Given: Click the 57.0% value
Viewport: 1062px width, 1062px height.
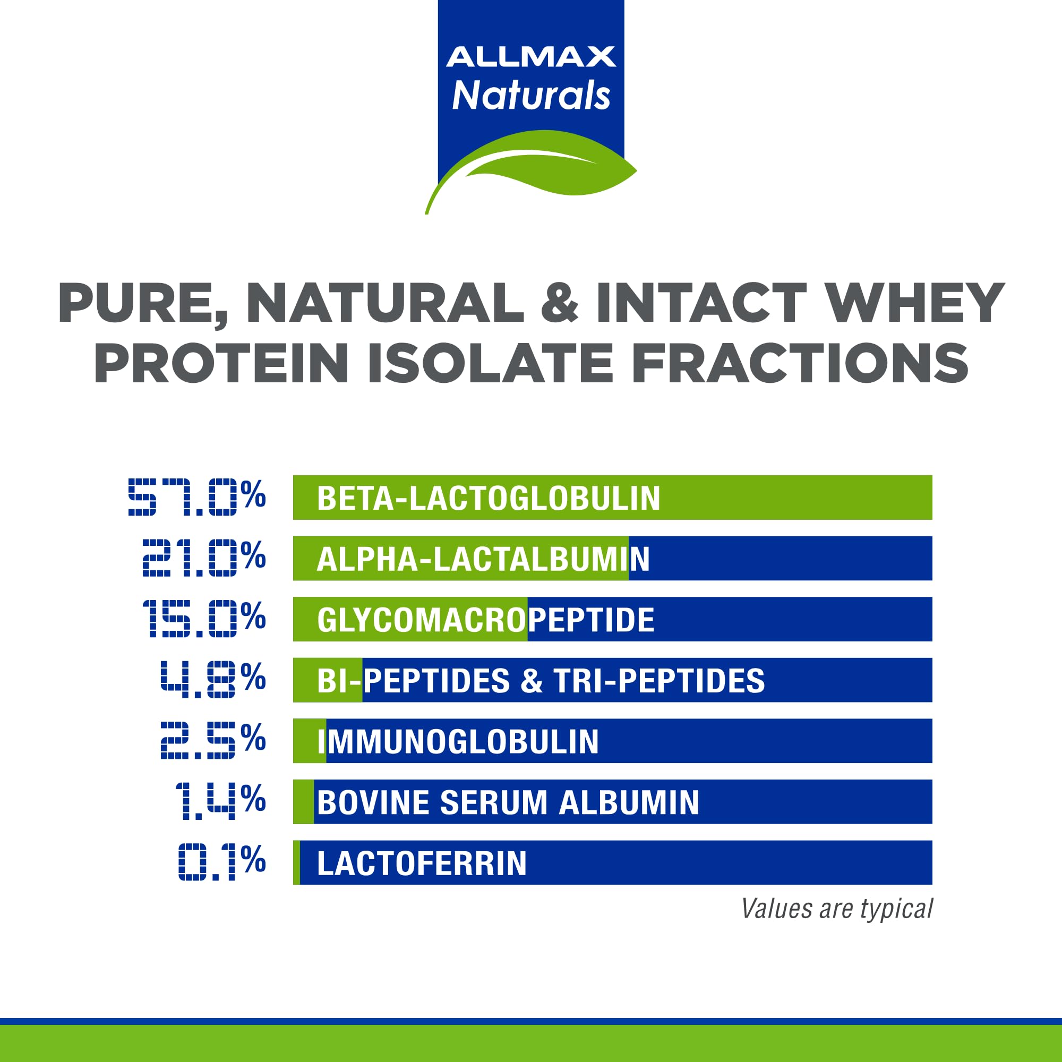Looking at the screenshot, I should click(197, 497).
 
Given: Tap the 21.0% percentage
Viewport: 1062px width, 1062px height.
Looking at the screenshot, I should click(204, 558).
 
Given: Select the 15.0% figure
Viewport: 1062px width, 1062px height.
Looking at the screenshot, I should click(204, 619).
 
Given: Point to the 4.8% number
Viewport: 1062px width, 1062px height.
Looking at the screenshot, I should click(213, 680).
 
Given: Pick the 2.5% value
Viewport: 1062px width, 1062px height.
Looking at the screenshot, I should click(213, 740).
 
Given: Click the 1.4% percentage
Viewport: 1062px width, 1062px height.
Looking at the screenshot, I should click(220, 801).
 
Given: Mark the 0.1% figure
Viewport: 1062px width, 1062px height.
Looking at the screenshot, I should click(222, 862).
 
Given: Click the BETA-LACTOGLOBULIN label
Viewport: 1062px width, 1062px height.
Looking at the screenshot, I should click(488, 498).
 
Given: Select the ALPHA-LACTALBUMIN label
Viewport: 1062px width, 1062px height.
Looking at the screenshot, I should click(483, 559).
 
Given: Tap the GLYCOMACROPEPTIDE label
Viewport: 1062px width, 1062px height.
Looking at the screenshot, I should click(485, 620).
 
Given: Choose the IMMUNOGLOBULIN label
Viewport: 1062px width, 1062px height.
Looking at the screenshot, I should click(458, 741).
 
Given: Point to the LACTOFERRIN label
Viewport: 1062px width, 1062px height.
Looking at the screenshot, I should click(422, 863).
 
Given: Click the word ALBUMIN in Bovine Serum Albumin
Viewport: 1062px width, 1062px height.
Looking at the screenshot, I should click(629, 802).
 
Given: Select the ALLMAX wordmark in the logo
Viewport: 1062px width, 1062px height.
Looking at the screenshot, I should click(530, 57).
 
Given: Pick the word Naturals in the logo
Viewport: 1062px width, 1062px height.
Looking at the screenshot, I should click(530, 96).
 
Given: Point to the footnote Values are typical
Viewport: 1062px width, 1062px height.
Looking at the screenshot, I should click(836, 909).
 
